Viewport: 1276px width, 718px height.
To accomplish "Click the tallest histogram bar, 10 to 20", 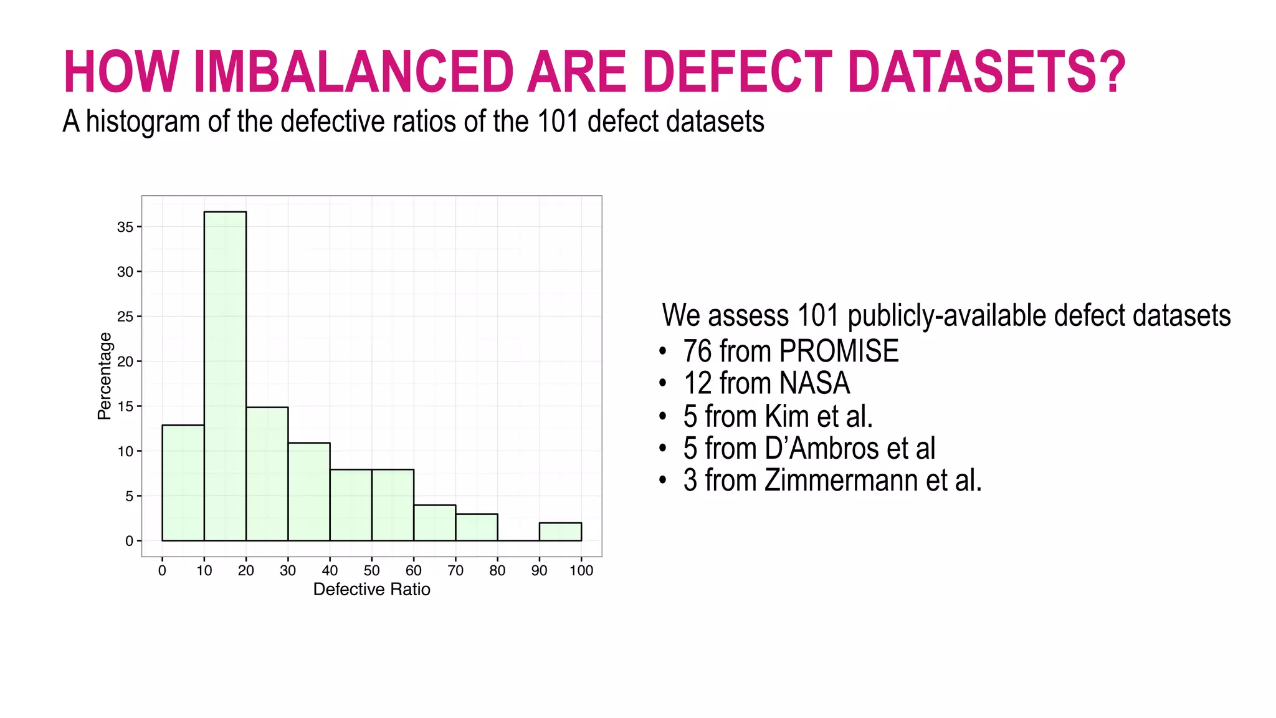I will (x=225, y=376).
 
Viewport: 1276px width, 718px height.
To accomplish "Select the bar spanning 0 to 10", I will (x=183, y=482).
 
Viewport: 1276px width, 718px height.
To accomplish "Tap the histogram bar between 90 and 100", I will (x=560, y=532).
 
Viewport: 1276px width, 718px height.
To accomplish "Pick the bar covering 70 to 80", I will (x=477, y=527).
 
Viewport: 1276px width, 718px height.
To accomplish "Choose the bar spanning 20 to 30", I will (x=267, y=474).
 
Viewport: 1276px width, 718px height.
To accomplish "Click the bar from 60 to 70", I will (x=434, y=523).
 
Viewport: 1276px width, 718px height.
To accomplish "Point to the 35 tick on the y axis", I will (x=125, y=227).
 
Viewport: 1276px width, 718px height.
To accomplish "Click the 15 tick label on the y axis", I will (x=125, y=406).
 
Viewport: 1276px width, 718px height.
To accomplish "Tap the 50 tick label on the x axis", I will (x=371, y=570).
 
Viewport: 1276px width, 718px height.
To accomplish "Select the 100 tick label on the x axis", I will (x=581, y=570).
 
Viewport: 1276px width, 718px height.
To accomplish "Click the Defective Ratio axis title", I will (x=371, y=590).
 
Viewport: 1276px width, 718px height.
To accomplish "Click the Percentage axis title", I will (x=105, y=376).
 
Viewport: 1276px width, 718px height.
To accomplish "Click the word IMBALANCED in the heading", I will (x=354, y=72).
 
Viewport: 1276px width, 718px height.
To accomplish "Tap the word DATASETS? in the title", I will (x=986, y=72).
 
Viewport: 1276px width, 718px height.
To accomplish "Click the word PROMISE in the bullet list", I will (x=839, y=351).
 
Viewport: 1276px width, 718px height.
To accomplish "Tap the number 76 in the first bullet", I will (x=697, y=351).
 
